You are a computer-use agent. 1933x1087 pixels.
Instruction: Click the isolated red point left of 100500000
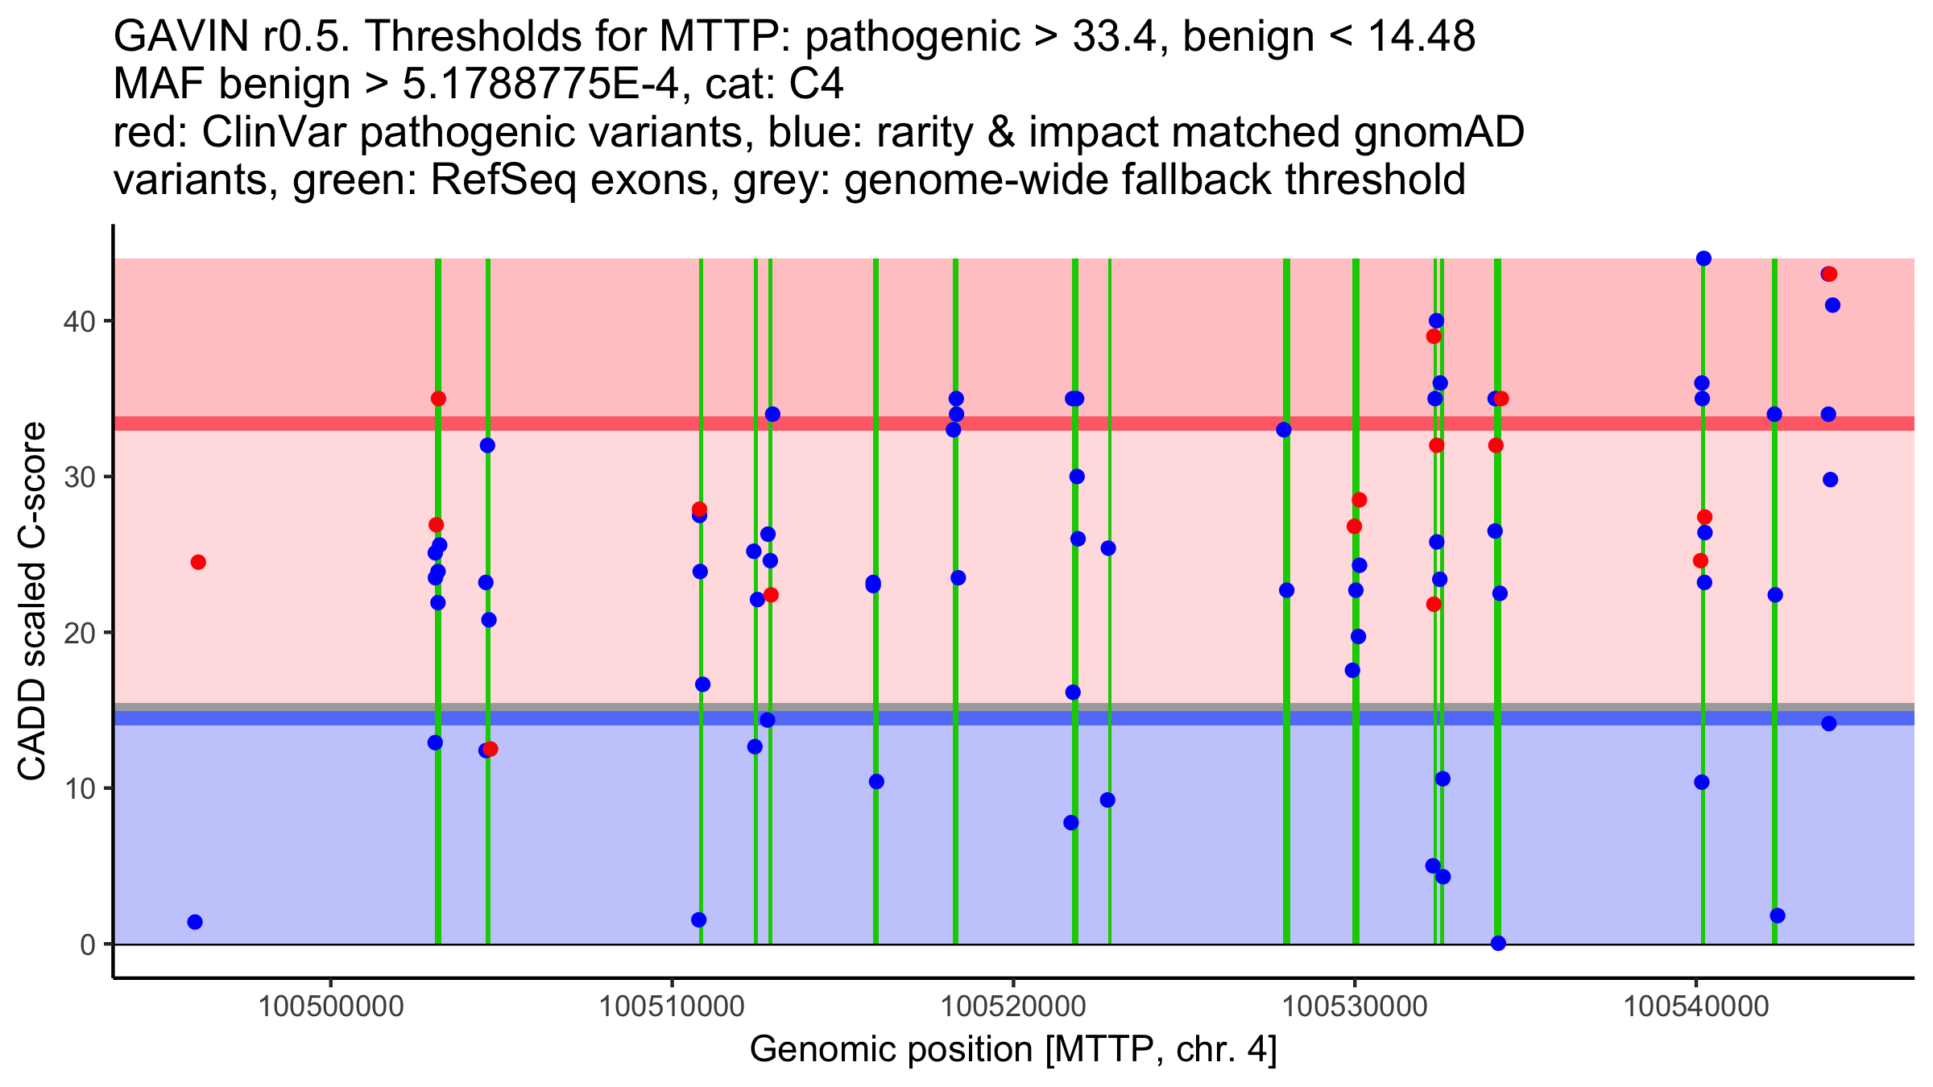[198, 562]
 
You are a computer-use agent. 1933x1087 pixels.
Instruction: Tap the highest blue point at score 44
[1703, 258]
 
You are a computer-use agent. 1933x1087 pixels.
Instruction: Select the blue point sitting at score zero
[1498, 943]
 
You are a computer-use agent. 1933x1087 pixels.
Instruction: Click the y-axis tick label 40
[79, 321]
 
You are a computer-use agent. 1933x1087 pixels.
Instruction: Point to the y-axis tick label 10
[79, 788]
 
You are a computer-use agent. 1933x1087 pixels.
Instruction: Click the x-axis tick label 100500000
[330, 1006]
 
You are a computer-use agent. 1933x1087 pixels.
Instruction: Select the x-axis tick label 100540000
[1696, 1006]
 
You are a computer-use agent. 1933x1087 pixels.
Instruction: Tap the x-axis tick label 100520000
[1013, 1006]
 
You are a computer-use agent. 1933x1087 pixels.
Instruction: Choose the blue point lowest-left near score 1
[195, 922]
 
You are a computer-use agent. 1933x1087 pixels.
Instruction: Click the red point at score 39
[1434, 337]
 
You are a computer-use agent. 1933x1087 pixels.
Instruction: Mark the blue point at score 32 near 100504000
[487, 445]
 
